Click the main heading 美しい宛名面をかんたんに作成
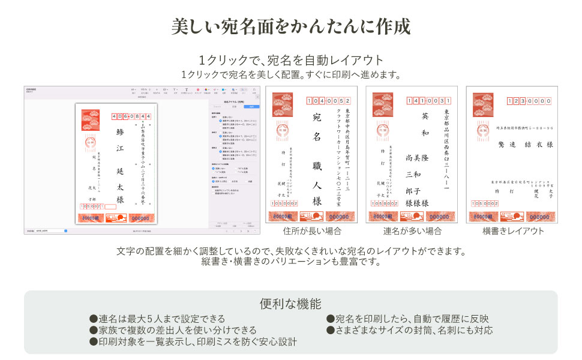(291, 27)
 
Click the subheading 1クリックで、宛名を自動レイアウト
(291, 61)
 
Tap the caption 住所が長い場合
(312, 231)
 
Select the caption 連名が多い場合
(412, 231)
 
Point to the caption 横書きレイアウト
(513, 231)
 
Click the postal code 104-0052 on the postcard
(328, 101)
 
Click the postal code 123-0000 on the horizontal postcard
(529, 101)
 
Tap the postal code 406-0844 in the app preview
(131, 116)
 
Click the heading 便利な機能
(291, 304)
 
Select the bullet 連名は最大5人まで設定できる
(157, 319)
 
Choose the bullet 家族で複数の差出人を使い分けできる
(173, 330)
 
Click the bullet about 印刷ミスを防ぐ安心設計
(193, 341)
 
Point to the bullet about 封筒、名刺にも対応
(409, 330)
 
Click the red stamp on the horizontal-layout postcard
(482, 105)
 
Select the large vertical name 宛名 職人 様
(317, 159)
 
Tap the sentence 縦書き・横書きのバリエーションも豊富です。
(291, 262)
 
